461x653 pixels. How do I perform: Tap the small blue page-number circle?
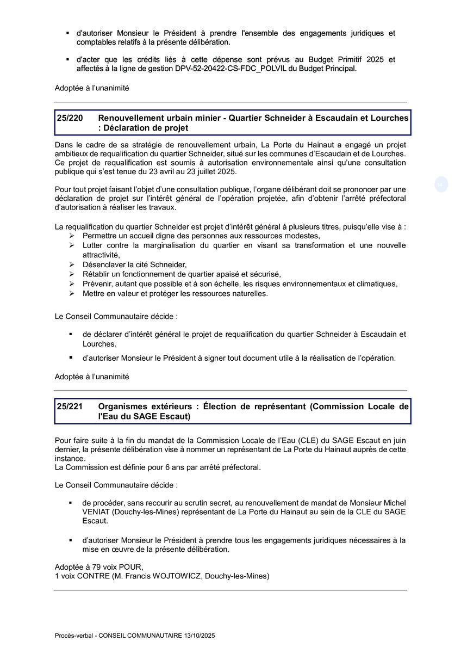[440, 184]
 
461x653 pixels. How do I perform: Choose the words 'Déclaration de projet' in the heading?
[146, 128]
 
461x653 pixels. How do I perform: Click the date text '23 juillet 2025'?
[212, 171]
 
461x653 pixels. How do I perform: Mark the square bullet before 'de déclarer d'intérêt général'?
[70, 334]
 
